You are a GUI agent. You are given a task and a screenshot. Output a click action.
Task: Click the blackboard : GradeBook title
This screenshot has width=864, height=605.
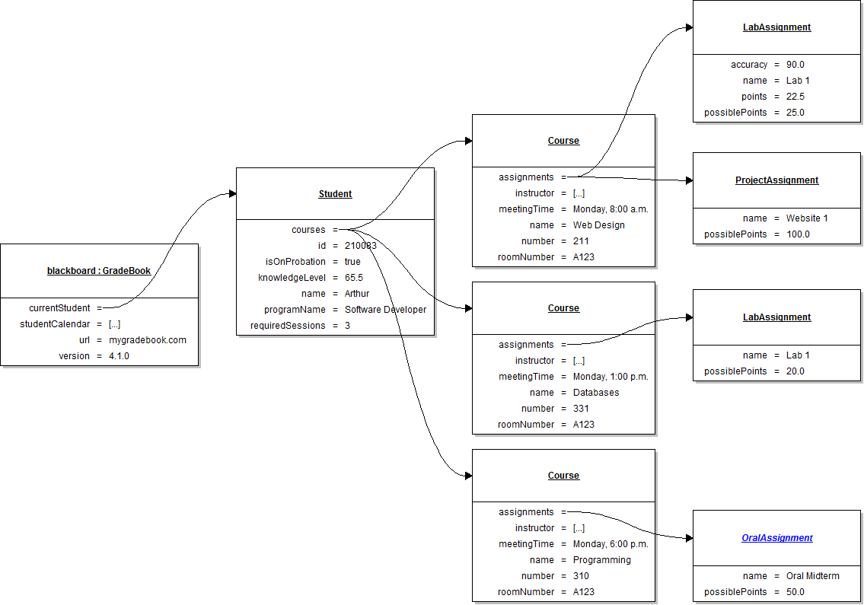99,270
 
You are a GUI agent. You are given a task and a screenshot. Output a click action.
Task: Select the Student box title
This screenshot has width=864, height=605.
335,194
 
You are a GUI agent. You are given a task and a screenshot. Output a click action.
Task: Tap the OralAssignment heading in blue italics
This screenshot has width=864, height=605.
776,538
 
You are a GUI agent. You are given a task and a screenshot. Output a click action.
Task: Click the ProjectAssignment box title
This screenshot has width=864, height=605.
776,180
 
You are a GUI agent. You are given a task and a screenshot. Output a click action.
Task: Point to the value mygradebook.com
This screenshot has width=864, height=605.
147,340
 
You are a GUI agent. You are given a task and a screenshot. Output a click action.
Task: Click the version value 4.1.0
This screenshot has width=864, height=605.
120,356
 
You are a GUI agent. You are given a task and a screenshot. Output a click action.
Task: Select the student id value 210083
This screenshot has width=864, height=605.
360,246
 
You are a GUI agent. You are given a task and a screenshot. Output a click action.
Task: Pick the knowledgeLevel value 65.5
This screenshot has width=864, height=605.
353,278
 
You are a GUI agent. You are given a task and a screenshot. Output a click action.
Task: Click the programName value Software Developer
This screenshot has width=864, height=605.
385,310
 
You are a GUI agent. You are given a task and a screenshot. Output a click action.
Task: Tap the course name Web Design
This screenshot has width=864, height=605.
598,225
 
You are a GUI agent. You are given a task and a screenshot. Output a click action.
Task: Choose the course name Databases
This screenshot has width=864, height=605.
596,393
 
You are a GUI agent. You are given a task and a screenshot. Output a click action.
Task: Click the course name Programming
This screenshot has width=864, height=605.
601,560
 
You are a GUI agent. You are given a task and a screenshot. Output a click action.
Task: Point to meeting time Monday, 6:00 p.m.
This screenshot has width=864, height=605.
611,544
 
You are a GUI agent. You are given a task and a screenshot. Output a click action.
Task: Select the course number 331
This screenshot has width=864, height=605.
581,409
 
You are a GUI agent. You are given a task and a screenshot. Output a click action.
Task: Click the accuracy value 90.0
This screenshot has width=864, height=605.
795,65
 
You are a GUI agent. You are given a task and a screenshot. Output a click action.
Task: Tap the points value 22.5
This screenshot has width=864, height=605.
795,97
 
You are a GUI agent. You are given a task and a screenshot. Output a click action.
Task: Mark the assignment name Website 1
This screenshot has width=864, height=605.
807,218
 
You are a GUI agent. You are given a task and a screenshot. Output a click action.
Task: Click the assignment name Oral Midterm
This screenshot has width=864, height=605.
812,576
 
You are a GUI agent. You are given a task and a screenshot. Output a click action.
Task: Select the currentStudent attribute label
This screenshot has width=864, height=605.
59,308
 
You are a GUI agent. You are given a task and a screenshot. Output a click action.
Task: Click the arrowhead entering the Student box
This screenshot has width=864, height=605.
232,194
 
